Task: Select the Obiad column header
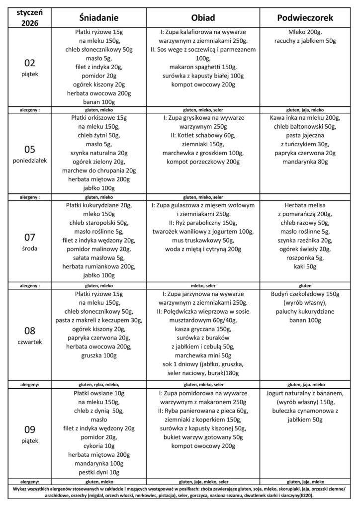(x=203, y=17)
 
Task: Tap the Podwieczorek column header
(x=305, y=17)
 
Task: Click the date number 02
(x=30, y=63)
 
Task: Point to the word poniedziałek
(x=30, y=160)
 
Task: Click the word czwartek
(x=30, y=342)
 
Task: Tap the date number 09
(x=30, y=429)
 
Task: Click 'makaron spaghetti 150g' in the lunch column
(x=203, y=67)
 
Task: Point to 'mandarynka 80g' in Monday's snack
(x=305, y=162)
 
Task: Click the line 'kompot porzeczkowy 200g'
(x=203, y=162)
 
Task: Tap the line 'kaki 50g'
(x=305, y=267)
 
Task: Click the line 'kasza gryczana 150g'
(x=203, y=329)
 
